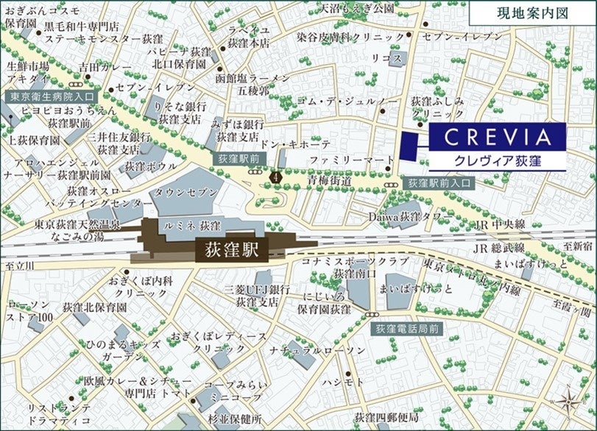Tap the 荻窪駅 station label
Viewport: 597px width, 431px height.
[x=229, y=249]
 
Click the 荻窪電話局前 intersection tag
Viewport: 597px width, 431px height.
[x=407, y=329]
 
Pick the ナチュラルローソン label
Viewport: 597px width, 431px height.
[x=317, y=351]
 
